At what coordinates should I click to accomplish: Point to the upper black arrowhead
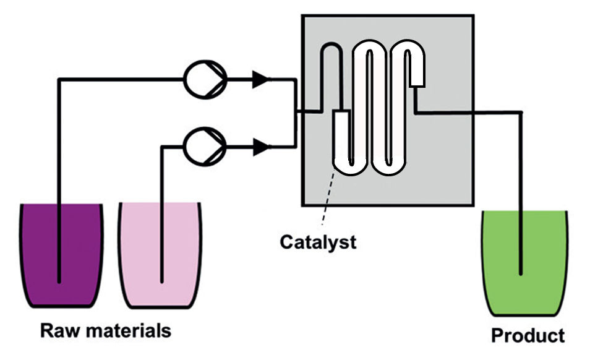coord(262,79)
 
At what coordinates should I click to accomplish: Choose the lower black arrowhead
coord(262,147)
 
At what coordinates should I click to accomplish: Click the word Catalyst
coord(318,242)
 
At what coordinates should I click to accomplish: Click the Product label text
coord(528,336)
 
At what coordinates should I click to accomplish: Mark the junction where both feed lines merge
coord(296,112)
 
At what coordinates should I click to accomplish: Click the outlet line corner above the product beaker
coord(521,113)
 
